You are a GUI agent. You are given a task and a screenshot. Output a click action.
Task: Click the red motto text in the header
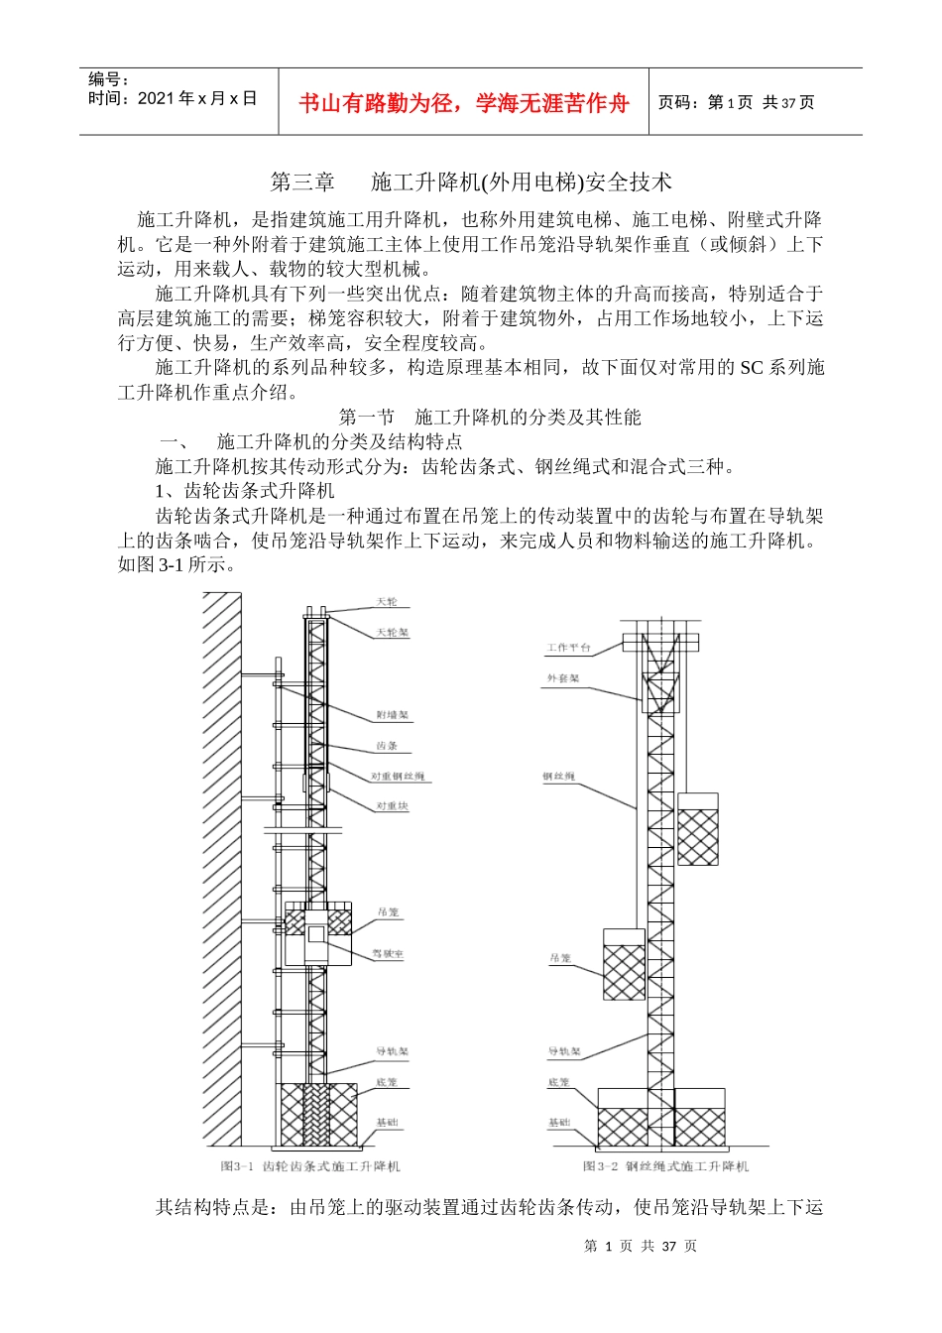pos(463,103)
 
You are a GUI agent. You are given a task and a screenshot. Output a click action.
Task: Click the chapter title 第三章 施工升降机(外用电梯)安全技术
pos(471,182)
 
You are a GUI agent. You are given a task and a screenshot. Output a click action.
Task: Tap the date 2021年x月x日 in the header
pos(173,98)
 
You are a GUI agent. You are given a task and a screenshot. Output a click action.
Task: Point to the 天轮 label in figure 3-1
pos(386,602)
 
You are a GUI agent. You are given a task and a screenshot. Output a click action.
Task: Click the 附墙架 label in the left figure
pos(392,715)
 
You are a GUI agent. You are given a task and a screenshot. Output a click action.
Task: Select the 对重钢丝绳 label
pos(398,776)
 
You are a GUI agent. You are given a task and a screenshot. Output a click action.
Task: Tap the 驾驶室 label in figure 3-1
pos(388,954)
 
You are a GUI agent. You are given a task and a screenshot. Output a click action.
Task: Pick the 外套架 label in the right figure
pos(562,679)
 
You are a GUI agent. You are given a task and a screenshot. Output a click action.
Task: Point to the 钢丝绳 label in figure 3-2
pos(558,776)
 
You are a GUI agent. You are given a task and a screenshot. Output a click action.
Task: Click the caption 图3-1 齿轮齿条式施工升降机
pos(310,1166)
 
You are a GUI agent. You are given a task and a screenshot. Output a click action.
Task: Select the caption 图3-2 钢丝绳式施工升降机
pos(665,1166)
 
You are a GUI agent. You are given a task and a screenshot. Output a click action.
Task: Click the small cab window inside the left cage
pos(315,934)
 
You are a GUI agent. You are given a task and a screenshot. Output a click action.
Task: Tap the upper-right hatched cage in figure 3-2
pos(697,835)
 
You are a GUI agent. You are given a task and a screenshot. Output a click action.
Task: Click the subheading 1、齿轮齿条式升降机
pos(245,491)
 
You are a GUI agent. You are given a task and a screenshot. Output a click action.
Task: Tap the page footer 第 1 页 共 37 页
pos(641,1247)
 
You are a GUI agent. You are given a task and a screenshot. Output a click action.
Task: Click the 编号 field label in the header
pos(108,79)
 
